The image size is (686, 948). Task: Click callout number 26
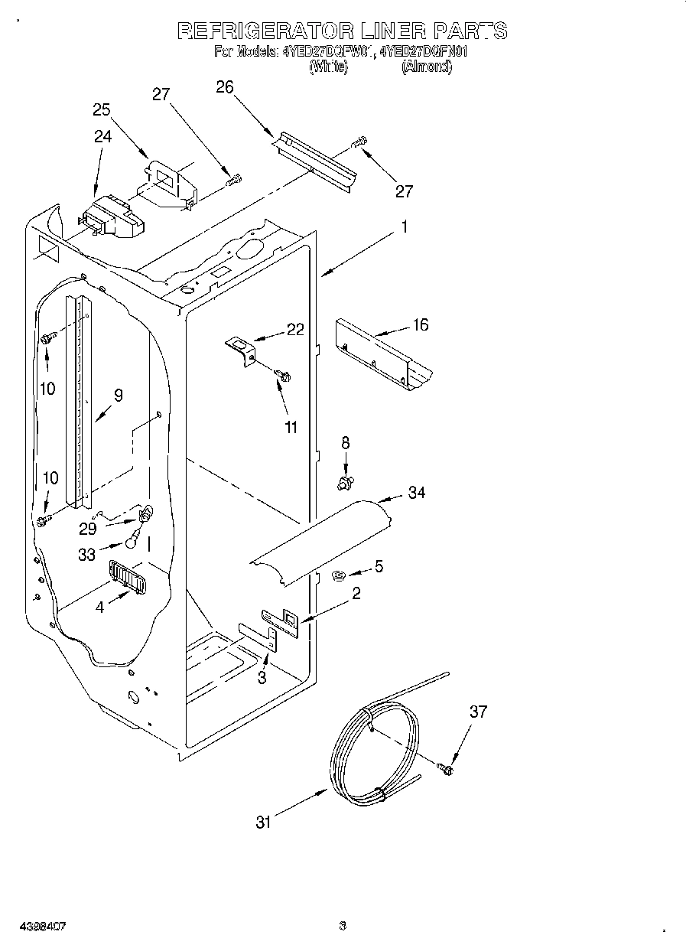coord(224,86)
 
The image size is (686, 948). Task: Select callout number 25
coord(102,109)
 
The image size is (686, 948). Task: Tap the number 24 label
coord(102,136)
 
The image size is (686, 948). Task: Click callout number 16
coord(420,324)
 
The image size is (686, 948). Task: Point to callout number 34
coord(416,493)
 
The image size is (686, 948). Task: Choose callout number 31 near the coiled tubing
coord(264,823)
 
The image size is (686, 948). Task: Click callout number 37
coord(478,712)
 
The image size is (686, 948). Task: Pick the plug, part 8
coord(345,483)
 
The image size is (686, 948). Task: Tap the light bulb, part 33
coord(133,542)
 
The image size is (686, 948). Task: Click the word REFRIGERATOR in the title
coord(265,31)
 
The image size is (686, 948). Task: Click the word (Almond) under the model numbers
coord(426,67)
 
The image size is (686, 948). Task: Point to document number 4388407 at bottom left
coord(33,927)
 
